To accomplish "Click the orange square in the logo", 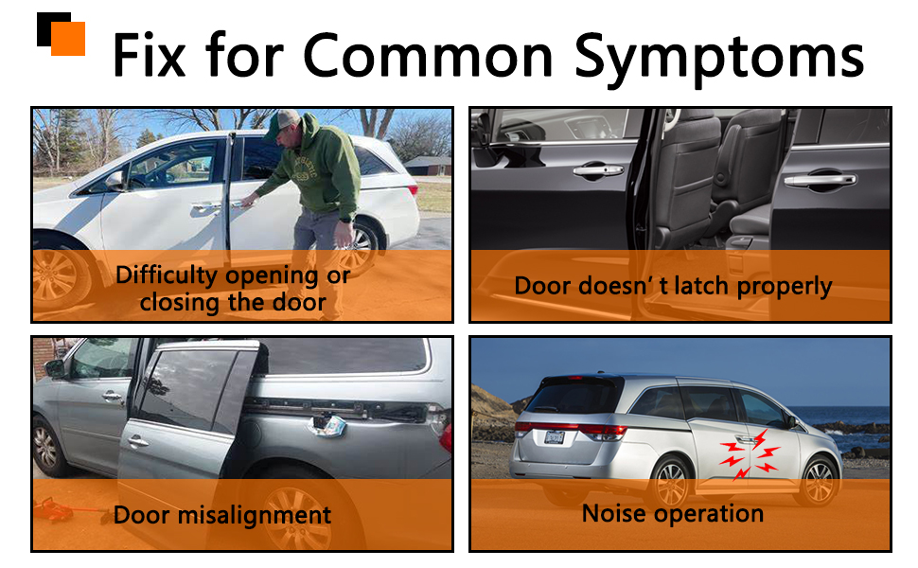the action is click(x=68, y=39).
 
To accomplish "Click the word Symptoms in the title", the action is click(x=719, y=58).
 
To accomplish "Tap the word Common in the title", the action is click(x=428, y=55).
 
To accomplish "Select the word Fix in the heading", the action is click(x=150, y=55).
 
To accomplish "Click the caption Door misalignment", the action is click(x=221, y=515).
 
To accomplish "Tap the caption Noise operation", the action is click(x=673, y=513).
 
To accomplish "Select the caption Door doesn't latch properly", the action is click(x=673, y=287).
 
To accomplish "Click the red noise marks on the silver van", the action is click(x=750, y=453).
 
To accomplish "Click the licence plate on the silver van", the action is click(x=554, y=436).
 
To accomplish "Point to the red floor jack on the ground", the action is click(x=56, y=510).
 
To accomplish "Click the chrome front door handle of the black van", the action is click(x=598, y=170).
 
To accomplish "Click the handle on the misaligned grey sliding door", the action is click(x=137, y=440).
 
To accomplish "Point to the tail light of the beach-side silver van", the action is click(x=603, y=432).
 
